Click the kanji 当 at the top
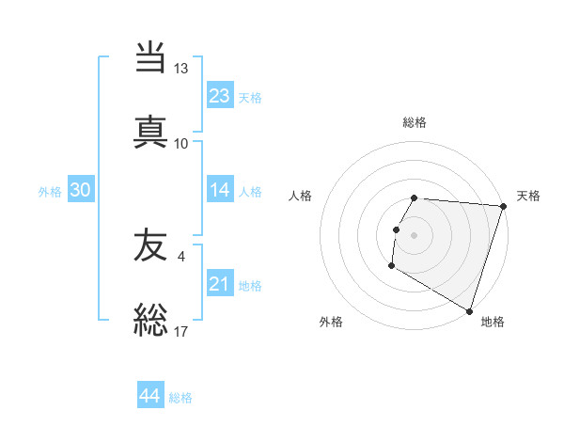(x=150, y=58)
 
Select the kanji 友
(x=150, y=245)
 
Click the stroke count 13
(x=180, y=69)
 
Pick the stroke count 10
(x=180, y=143)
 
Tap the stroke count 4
(x=180, y=255)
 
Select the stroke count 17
(x=180, y=330)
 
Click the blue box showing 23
(x=220, y=96)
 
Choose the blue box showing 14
(x=220, y=190)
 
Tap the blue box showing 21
(x=220, y=284)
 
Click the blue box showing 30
(x=81, y=190)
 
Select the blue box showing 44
(x=150, y=396)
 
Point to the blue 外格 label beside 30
(x=50, y=191)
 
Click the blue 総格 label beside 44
(x=180, y=398)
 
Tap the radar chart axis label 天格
(x=528, y=196)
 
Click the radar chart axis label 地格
(x=493, y=322)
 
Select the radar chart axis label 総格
(x=415, y=122)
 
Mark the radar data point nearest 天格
(x=504, y=206)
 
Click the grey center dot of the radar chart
(x=415, y=233)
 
